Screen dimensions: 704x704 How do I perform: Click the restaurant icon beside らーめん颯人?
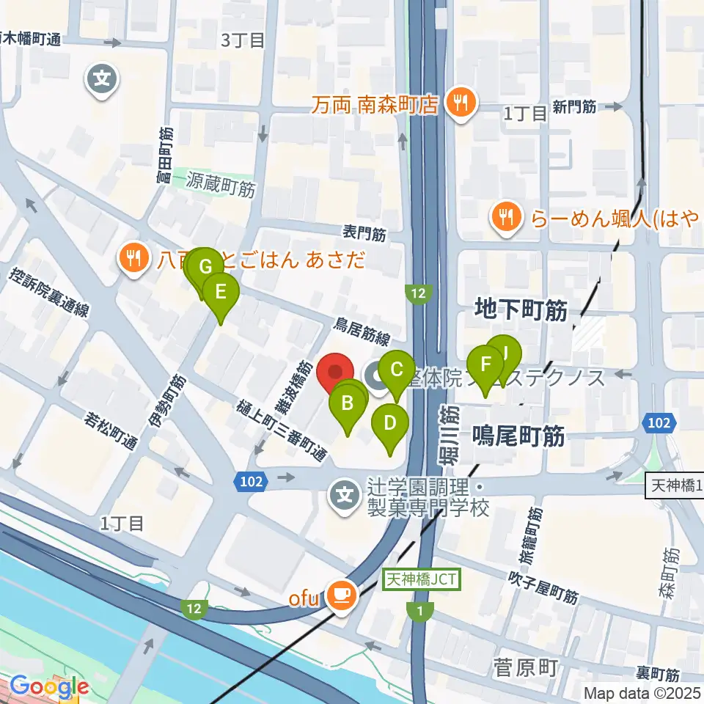507,216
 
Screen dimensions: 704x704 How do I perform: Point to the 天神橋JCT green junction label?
422,579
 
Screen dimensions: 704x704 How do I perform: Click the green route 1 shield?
419,610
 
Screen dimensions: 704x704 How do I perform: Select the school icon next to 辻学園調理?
344,497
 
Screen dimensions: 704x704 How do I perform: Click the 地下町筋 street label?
521,310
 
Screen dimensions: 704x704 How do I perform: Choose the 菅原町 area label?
525,667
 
